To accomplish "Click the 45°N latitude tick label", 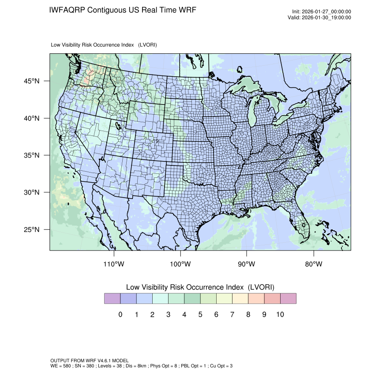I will tap(32, 81).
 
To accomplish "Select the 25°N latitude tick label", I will tap(32, 229).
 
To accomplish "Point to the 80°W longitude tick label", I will tap(313, 264).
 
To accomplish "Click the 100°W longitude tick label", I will tap(180, 264).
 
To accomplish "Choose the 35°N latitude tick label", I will tap(32, 155).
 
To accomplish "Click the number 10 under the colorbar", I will tap(280, 315).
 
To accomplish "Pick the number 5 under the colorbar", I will tap(200, 315).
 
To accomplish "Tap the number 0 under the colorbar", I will tap(120, 315).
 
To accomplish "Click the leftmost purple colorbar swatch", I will tap(112, 299).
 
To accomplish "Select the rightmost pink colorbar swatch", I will tap(288, 299).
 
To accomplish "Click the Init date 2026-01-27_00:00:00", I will tap(327, 11).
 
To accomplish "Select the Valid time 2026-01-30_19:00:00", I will tap(327, 18).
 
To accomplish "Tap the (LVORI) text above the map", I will tap(147, 45).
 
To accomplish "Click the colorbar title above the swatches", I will tap(200, 287).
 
